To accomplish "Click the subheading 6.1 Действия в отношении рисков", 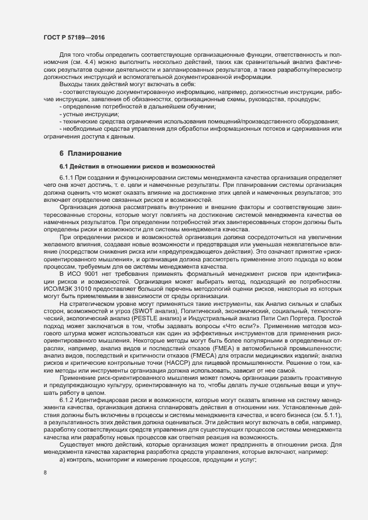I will (127, 166).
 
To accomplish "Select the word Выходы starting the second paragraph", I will (71, 83).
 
